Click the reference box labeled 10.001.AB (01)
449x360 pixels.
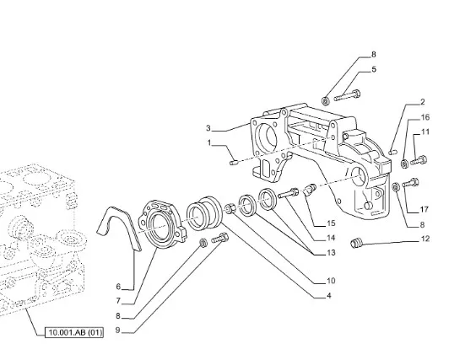[x=74, y=332]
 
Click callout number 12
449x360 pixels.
[x=425, y=239]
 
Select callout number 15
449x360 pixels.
[x=331, y=223]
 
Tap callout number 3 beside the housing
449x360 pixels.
[x=208, y=128]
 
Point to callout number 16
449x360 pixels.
[x=425, y=117]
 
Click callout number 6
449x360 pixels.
[x=119, y=286]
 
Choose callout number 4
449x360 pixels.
[x=329, y=295]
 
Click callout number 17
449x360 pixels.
[x=424, y=210]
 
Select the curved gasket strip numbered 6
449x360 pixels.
[x=119, y=228]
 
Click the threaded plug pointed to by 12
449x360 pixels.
[x=356, y=244]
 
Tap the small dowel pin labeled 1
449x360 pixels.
[x=234, y=163]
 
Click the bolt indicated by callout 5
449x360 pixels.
[x=347, y=95]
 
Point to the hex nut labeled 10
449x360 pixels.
[x=230, y=208]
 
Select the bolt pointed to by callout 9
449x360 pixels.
[x=220, y=239]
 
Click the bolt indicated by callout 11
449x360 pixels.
[x=419, y=160]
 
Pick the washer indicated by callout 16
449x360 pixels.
[x=404, y=164]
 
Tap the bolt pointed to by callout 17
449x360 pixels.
[x=411, y=183]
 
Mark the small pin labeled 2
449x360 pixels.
[x=392, y=152]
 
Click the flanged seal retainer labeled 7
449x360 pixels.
[x=162, y=224]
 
